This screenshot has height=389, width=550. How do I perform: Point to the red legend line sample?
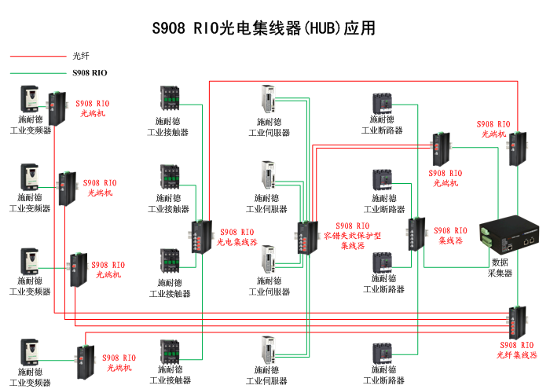tap(35, 57)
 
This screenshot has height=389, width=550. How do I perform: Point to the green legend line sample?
tap(35, 73)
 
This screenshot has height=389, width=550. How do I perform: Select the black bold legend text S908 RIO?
tap(90, 73)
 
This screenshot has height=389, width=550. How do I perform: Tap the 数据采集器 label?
tap(500, 267)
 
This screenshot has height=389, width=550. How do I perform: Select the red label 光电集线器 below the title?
tap(237, 242)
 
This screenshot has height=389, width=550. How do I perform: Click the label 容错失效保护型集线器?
tap(353, 235)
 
